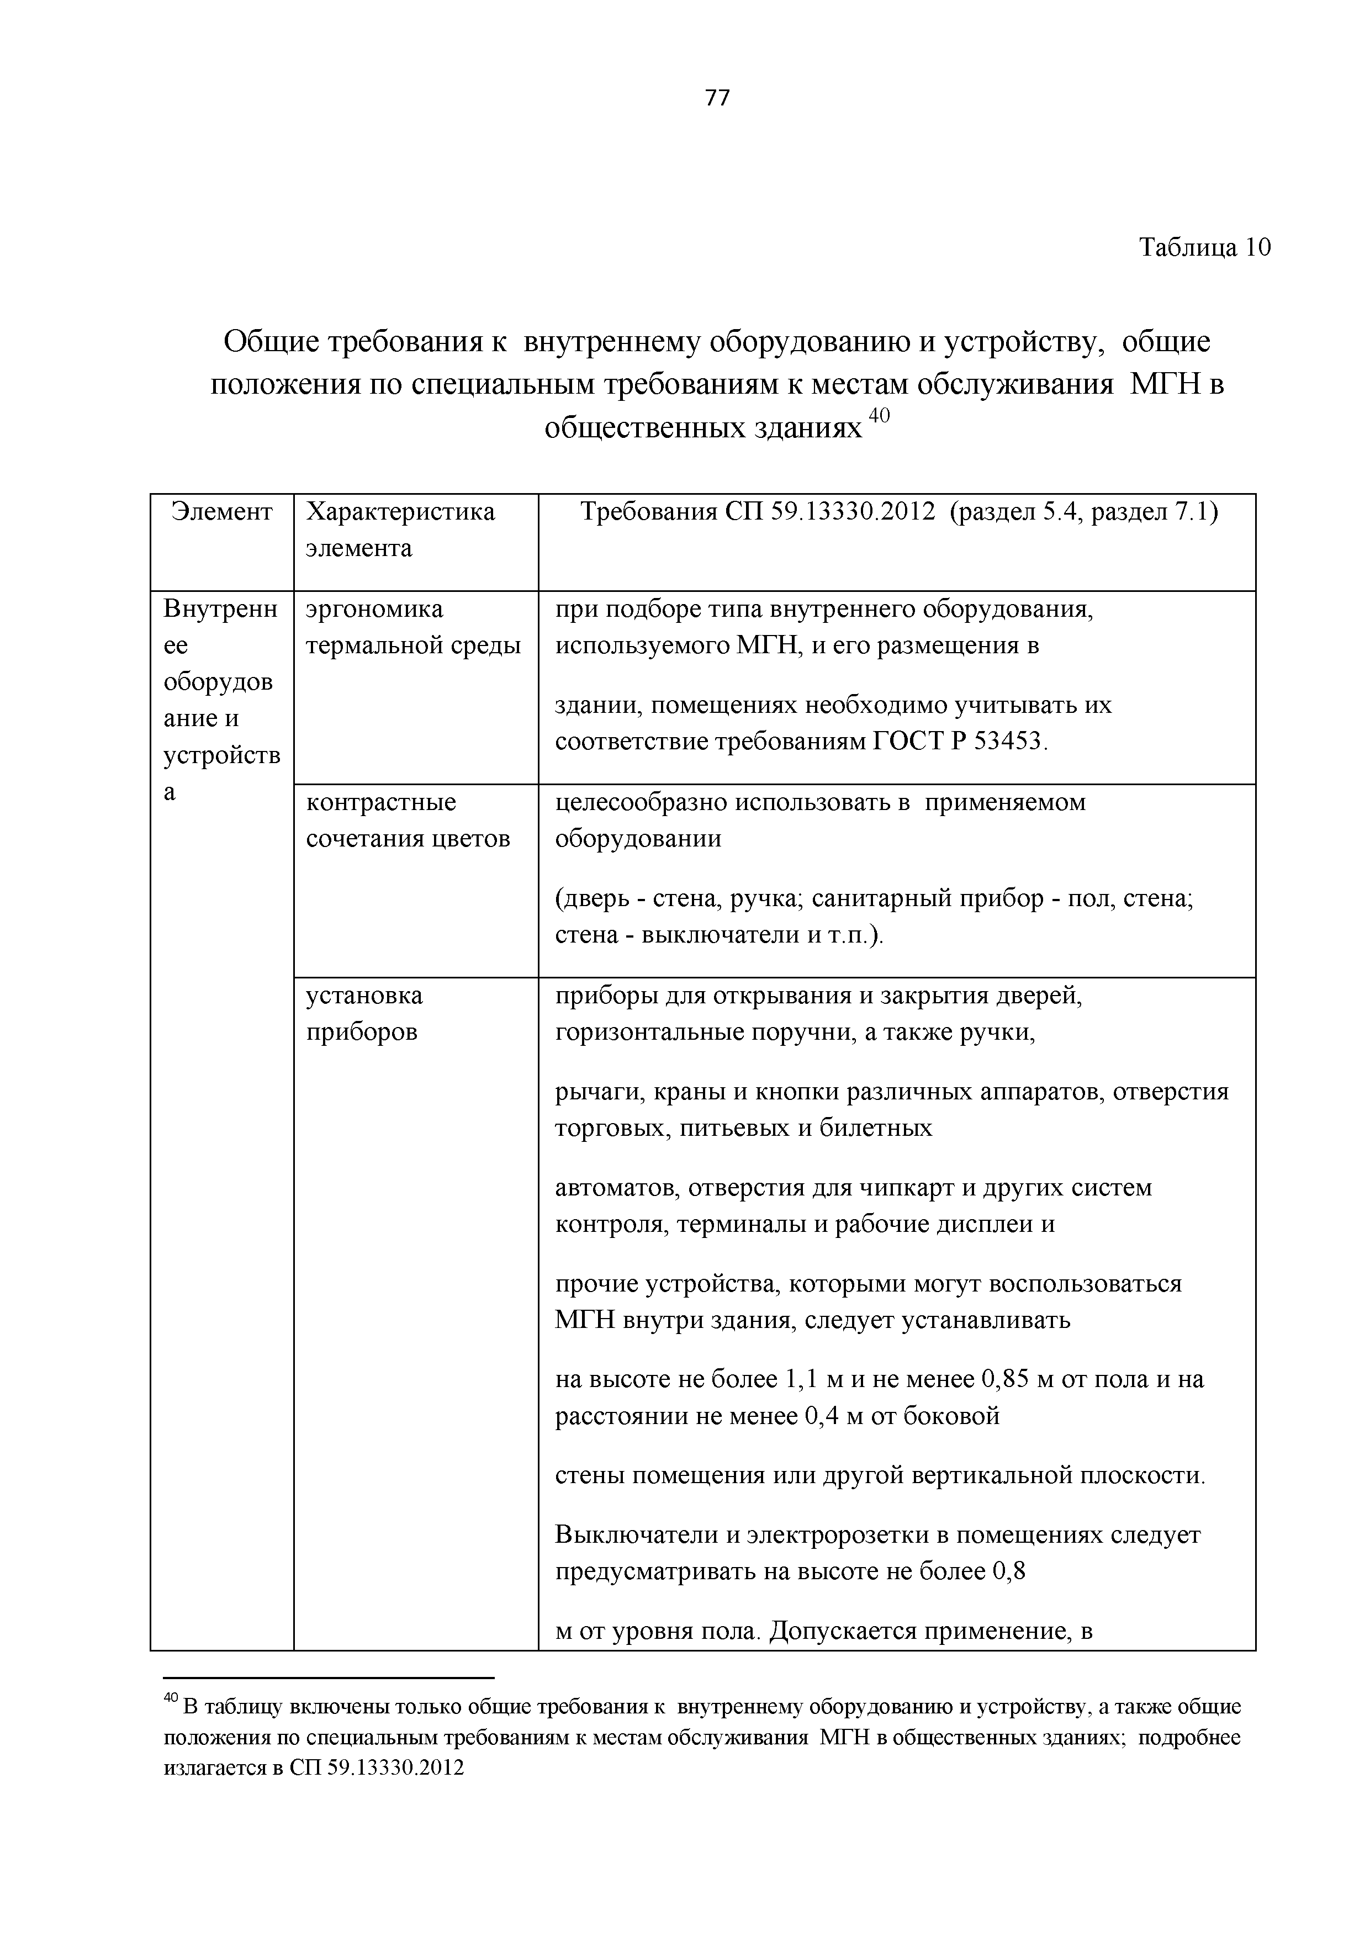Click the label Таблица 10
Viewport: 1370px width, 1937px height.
pos(1205,247)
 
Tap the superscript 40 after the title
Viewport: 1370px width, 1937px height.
pos(879,416)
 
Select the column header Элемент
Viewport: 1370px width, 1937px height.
pos(222,512)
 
